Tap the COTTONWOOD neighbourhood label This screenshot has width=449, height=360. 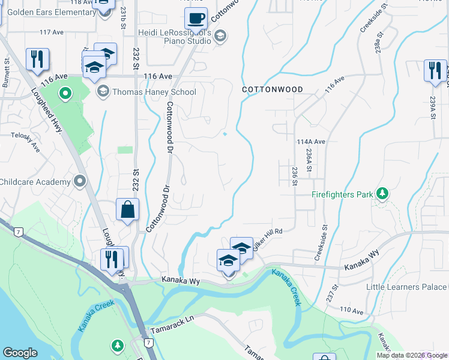(273, 89)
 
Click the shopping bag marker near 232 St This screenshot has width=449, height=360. (128, 211)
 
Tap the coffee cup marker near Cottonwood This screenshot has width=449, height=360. (195, 20)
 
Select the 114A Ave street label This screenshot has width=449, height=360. (310, 142)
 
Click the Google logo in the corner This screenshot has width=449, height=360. (20, 352)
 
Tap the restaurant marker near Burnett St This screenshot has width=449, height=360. (37, 60)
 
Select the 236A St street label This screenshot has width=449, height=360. (309, 161)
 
